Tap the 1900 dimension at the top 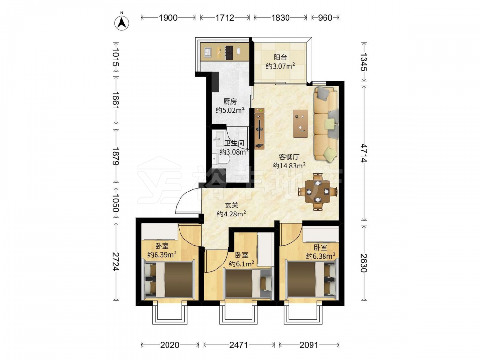click(x=168, y=18)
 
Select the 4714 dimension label click(x=363, y=153)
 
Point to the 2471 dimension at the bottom click(x=239, y=345)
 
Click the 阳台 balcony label click(x=280, y=57)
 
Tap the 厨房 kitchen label click(x=229, y=102)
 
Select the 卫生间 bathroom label click(x=234, y=143)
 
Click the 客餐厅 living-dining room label click(x=289, y=157)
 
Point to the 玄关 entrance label click(x=231, y=205)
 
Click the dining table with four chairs click(x=318, y=192)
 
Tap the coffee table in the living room click(x=300, y=124)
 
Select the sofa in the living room click(x=326, y=123)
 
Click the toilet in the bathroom click(x=221, y=159)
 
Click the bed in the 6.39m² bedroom click(x=168, y=279)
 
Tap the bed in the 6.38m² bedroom click(x=312, y=278)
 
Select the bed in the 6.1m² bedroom click(x=248, y=282)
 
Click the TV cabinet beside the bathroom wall click(x=259, y=129)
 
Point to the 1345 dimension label click(x=363, y=62)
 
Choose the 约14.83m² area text click(x=289, y=166)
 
